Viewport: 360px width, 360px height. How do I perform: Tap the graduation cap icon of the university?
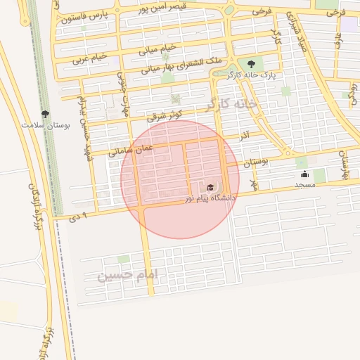(210, 188)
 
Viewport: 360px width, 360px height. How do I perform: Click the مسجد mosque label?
(304, 184)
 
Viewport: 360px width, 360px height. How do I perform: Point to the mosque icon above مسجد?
(304, 174)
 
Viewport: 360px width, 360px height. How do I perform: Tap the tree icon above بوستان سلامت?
(46, 114)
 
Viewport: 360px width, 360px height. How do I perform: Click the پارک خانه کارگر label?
(258, 74)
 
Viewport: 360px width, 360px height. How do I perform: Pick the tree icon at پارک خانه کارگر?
(252, 64)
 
